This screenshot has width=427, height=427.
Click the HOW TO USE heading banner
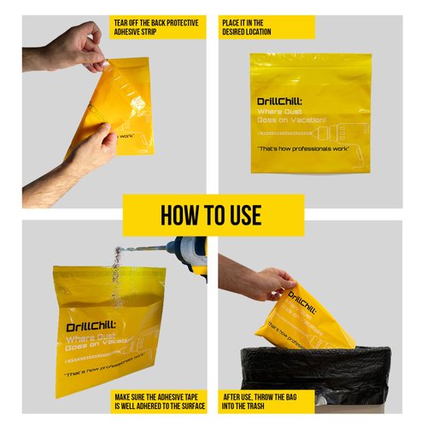pos(213,215)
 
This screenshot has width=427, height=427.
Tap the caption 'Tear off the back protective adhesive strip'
pos(157,26)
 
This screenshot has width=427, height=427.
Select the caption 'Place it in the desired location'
pos(266,26)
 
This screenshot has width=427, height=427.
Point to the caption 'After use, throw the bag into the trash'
pos(266,401)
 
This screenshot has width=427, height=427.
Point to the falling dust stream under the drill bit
pos(117,273)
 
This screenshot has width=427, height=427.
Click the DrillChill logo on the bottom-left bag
pos(86,327)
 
